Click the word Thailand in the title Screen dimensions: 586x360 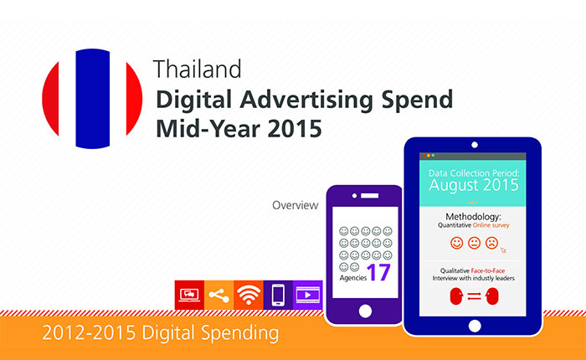tap(197, 69)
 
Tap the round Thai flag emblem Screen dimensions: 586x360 tap(92, 99)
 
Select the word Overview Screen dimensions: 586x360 tap(296, 205)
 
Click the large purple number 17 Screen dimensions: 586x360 tap(378, 272)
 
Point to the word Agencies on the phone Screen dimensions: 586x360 tap(352, 278)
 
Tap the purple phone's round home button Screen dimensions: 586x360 tap(365, 311)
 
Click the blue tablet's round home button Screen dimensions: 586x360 tap(475, 326)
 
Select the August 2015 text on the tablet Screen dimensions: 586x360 tap(474, 185)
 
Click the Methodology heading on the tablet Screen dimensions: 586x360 tap(473, 217)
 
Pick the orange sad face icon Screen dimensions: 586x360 tap(491, 243)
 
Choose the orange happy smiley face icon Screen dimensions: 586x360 tap(456, 243)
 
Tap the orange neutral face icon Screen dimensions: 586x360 tap(474, 243)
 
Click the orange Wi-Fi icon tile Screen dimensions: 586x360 tap(249, 295)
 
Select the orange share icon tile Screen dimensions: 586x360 tap(219, 295)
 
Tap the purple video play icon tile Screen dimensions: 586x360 tap(307, 295)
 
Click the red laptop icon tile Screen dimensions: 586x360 tap(189, 295)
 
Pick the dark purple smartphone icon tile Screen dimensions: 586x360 tap(278, 295)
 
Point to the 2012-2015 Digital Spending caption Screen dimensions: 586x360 tap(161, 332)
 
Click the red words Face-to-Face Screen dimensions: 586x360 tap(488, 270)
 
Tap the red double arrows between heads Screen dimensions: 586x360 tap(474, 296)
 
